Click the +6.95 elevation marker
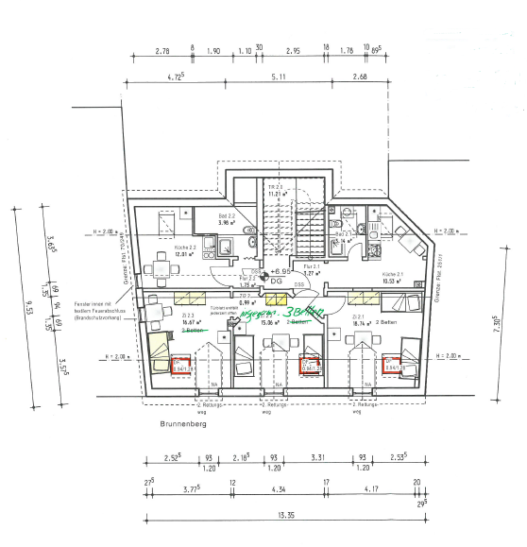278,269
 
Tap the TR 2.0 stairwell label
277,190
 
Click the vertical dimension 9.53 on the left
29,308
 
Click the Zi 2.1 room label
359,317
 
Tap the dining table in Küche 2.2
152,267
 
